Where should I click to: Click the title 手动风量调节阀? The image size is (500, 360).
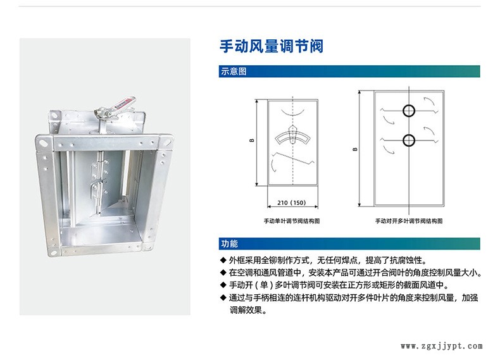point(272,47)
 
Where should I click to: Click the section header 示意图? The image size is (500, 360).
point(234,71)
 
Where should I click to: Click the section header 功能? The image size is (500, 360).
point(229,244)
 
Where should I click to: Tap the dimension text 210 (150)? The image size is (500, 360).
point(291,202)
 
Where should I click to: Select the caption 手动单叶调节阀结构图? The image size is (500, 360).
point(292,221)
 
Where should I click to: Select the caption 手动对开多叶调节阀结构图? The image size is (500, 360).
point(409,221)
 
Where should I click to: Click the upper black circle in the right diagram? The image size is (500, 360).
point(409,111)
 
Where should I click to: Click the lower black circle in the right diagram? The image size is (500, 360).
point(409,140)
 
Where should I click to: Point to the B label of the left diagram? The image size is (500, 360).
point(252,140)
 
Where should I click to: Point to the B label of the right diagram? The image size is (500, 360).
point(355,149)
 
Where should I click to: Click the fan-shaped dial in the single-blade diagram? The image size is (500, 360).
point(293,137)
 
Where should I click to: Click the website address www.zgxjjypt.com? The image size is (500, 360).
point(442,346)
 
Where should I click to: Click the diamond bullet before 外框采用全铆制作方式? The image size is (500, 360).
point(223,261)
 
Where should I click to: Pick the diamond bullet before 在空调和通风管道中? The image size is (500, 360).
point(223,273)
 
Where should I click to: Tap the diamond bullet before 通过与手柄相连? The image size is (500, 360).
point(223,298)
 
